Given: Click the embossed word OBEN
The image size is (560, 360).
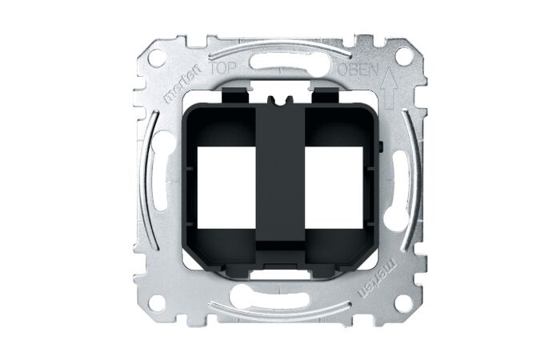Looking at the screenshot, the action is [x=358, y=70].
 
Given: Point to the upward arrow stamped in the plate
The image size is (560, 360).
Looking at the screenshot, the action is [x=388, y=88].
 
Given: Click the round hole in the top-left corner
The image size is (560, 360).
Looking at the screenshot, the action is [x=157, y=58].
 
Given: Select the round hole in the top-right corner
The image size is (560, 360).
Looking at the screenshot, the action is [x=403, y=56].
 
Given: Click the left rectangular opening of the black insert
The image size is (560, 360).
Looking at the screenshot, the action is [x=226, y=189].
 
